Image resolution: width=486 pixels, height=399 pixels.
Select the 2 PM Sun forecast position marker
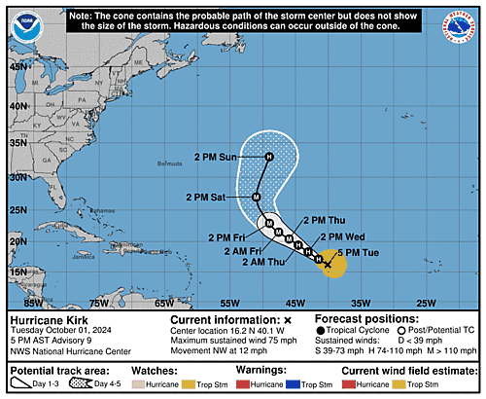tap(270, 156)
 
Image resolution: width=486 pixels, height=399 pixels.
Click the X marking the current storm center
tap(328, 264)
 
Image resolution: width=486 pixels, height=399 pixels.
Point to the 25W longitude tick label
tap(424, 304)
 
